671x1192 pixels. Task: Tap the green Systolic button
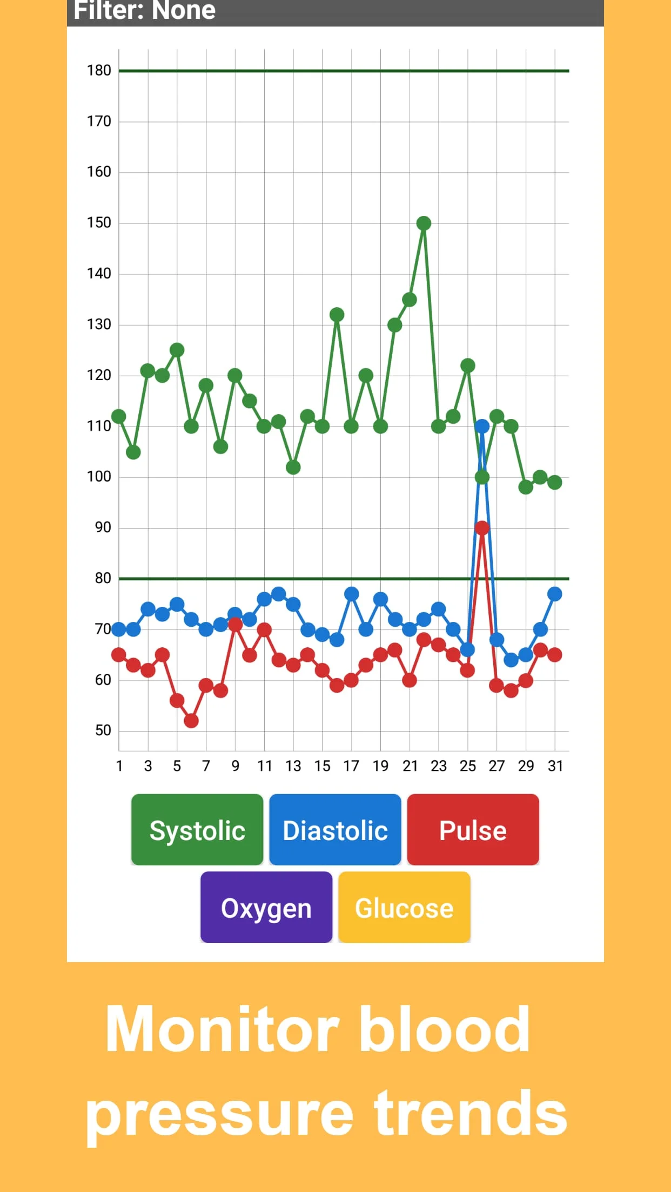coord(197,830)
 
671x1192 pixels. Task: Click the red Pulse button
coord(473,830)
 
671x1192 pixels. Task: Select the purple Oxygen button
coord(266,907)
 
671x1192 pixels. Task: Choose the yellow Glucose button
coord(404,907)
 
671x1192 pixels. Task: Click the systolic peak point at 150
coord(424,223)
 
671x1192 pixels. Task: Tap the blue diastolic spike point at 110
coord(482,426)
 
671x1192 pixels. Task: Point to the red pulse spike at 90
coord(482,528)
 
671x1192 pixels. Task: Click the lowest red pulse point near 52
coord(191,721)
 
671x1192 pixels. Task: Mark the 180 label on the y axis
coord(99,70)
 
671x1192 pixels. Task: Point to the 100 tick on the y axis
coord(99,477)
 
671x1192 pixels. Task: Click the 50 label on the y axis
coord(103,730)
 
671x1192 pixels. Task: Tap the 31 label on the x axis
coord(555,766)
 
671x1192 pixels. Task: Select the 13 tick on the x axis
coord(293,766)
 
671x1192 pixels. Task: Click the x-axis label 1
coord(119,766)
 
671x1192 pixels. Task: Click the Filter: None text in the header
coord(145,11)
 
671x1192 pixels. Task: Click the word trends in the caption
coord(471,1114)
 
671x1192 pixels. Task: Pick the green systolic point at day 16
coord(337,314)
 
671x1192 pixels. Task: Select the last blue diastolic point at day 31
coord(555,594)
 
